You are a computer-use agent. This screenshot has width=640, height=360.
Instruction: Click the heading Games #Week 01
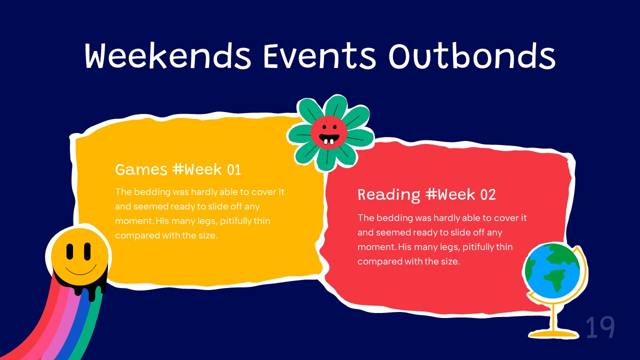178,169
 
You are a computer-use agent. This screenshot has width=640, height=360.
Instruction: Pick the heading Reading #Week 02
426,195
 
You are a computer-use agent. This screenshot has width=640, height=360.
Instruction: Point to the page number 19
600,327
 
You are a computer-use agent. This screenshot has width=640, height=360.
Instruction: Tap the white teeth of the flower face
329,141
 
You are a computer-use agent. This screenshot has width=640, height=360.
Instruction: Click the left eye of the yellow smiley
69,251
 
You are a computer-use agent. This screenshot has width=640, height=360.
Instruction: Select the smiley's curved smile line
80,272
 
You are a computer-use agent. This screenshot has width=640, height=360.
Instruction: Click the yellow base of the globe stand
553,333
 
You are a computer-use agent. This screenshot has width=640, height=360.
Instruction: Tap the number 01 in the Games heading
234,169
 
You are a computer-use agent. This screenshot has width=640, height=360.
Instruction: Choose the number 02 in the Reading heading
487,195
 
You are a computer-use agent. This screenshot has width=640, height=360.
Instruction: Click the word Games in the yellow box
141,169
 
